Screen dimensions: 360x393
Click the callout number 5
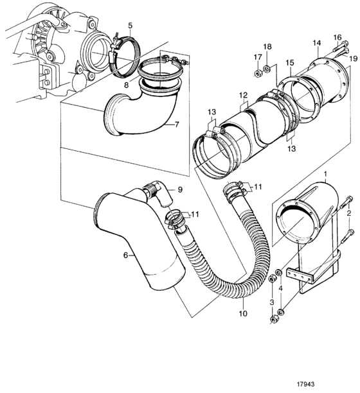tap(130, 26)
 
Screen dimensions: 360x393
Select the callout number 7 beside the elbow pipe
tap(177, 124)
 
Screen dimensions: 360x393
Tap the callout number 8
tap(126, 85)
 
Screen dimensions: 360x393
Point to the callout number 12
tap(244, 95)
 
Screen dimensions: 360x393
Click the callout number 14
tap(317, 43)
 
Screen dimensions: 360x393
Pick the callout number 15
tap(290, 63)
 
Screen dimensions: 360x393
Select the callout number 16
tap(337, 38)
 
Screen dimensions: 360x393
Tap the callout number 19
tap(353, 59)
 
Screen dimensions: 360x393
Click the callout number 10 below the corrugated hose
tap(243, 313)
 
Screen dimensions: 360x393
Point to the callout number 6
tap(126, 255)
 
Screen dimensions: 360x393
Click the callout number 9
tap(180, 189)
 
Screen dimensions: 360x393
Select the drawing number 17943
tap(305, 385)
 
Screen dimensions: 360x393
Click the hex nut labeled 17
tap(258, 74)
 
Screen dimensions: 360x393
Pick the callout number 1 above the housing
tap(325, 173)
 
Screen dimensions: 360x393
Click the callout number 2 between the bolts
tap(348, 214)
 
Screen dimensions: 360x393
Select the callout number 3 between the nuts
tap(272, 302)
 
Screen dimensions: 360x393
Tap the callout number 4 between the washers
tap(280, 288)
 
